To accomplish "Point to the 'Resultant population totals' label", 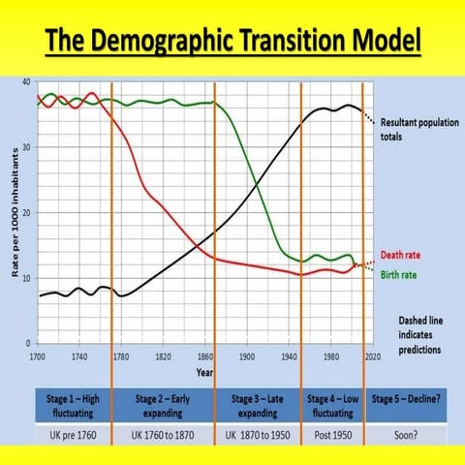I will [412, 130].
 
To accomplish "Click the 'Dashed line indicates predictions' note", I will [419, 334].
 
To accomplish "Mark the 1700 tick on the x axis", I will [37, 356].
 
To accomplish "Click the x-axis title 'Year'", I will [205, 371].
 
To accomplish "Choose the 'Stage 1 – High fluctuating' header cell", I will [74, 404].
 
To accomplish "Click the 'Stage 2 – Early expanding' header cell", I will [163, 404].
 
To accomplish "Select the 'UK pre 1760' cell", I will [74, 433].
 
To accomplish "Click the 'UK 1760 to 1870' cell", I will [163, 433].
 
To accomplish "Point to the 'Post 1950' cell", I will [332, 433].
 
